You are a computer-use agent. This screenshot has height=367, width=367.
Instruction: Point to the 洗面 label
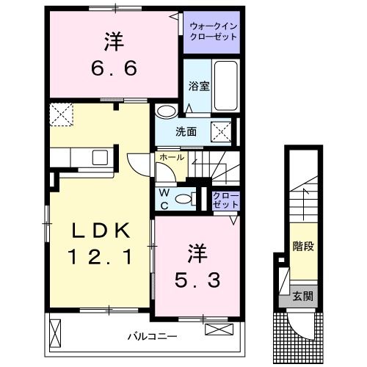point(186,132)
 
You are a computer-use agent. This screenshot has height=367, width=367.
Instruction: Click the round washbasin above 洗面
point(166,112)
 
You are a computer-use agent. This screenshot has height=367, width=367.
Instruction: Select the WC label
point(164,200)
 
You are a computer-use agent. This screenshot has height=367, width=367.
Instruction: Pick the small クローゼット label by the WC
point(222,200)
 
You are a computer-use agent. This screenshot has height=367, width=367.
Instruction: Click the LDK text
point(101,232)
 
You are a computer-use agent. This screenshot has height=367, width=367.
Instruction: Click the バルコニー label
point(152,337)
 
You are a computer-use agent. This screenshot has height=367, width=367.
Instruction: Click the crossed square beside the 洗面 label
point(221,131)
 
